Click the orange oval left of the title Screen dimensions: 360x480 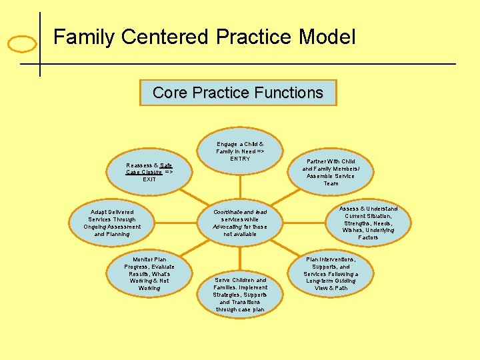pyautogui.click(x=21, y=45)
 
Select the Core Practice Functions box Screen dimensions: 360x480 pyautogui.click(x=238, y=93)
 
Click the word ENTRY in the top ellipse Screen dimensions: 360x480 pyautogui.click(x=240, y=159)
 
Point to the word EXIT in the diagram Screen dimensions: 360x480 pyautogui.click(x=149, y=179)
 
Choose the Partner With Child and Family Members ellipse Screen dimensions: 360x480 pyautogui.click(x=331, y=172)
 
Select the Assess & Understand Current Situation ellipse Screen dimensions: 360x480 pyautogui.click(x=368, y=223)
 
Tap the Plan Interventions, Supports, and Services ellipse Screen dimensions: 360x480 pyautogui.click(x=331, y=273)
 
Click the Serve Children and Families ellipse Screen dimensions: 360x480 pyautogui.click(x=240, y=295)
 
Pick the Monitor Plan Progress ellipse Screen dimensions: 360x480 pyautogui.click(x=149, y=273)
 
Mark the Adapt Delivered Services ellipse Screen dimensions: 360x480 pyautogui.click(x=112, y=223)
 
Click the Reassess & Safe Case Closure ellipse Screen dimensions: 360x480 pyautogui.click(x=149, y=172)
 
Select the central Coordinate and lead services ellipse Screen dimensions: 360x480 pyautogui.click(x=240, y=223)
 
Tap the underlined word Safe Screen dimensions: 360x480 pyautogui.click(x=166, y=165)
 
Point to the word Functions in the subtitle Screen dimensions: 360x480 pyautogui.click(x=289, y=93)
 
